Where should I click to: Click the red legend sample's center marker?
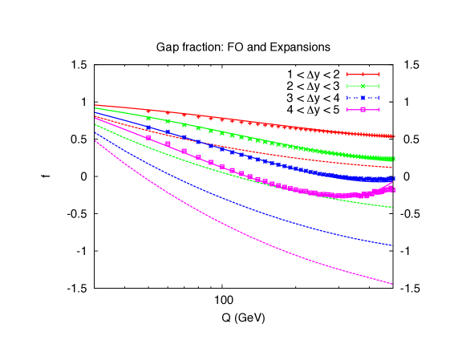pos(363,75)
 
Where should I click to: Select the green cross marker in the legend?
pos(363,86)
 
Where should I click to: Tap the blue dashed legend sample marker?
pos(363,98)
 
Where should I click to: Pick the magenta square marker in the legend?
pos(363,109)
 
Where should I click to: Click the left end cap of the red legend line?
pos(347,75)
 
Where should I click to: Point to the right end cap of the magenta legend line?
pos(379,109)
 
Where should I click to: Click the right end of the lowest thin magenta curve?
pos(392,284)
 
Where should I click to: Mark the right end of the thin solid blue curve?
pos(392,245)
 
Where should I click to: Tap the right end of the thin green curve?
pos(392,208)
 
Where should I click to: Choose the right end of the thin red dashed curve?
pos(392,168)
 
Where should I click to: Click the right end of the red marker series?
pos(392,136)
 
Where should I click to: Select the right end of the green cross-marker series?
pos(392,159)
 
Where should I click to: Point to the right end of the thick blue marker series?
pos(392,179)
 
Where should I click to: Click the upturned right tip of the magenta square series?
pos(391,187)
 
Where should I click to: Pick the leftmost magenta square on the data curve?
pos(148,138)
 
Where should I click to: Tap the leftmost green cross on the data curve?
pos(148,118)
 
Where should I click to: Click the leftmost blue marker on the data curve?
pos(148,127)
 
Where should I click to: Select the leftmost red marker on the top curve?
pos(148,111)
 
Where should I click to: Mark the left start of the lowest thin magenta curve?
pos(95,141)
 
